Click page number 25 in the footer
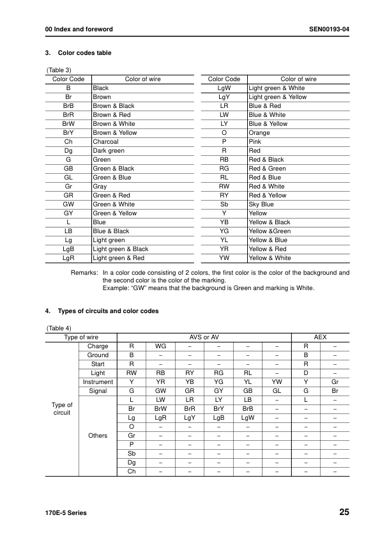click(x=344, y=512)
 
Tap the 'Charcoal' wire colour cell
click(x=105, y=142)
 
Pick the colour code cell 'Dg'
click(x=68, y=151)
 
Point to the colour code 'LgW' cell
click(x=224, y=88)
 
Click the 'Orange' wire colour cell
click(x=259, y=133)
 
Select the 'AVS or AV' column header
click(x=204, y=337)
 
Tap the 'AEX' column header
click(x=321, y=337)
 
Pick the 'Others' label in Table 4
click(x=98, y=436)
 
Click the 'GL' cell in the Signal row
click(x=277, y=390)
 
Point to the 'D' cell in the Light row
click(x=306, y=373)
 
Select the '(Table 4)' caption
click(x=59, y=328)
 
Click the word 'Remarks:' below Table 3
click(x=84, y=272)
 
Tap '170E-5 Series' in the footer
click(x=66, y=513)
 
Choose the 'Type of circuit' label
click(x=62, y=408)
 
